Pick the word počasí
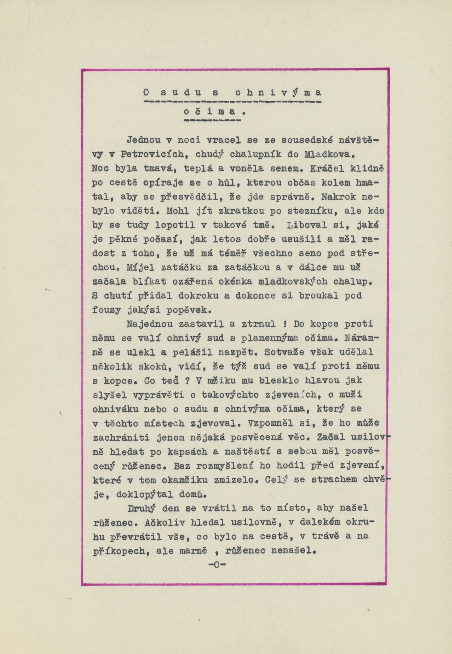tap(161, 240)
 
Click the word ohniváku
tap(116, 409)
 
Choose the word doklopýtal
tap(144, 494)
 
